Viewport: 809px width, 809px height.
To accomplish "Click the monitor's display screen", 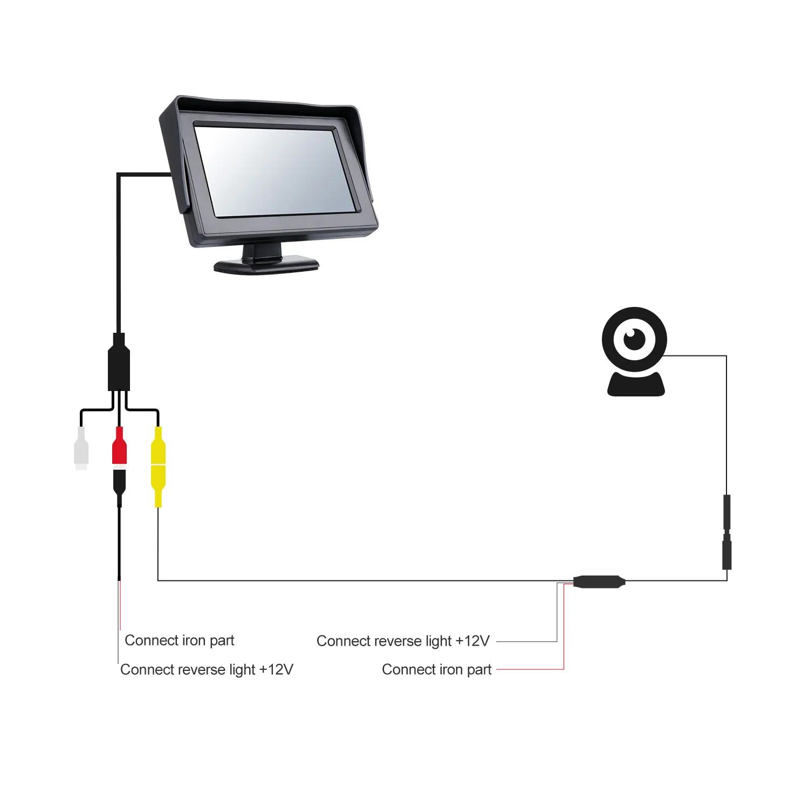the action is tap(275, 172).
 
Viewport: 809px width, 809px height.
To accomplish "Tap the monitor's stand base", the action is tap(266, 265).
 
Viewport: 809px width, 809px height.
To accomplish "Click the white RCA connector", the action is tap(81, 448).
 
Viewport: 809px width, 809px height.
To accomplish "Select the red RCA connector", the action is tap(119, 445).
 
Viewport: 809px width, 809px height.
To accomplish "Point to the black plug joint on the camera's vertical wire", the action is tap(727, 532).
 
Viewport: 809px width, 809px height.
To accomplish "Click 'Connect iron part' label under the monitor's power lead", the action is tap(180, 640).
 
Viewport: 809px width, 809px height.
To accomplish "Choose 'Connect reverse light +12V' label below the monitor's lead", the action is tap(207, 669).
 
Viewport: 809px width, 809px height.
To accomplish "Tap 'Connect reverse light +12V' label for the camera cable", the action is tap(403, 641).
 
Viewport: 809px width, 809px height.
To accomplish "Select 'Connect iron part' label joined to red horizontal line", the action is tap(436, 669).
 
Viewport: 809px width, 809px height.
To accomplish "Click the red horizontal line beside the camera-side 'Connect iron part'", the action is tap(530, 669).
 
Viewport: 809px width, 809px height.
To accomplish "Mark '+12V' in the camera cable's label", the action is tap(472, 641).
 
